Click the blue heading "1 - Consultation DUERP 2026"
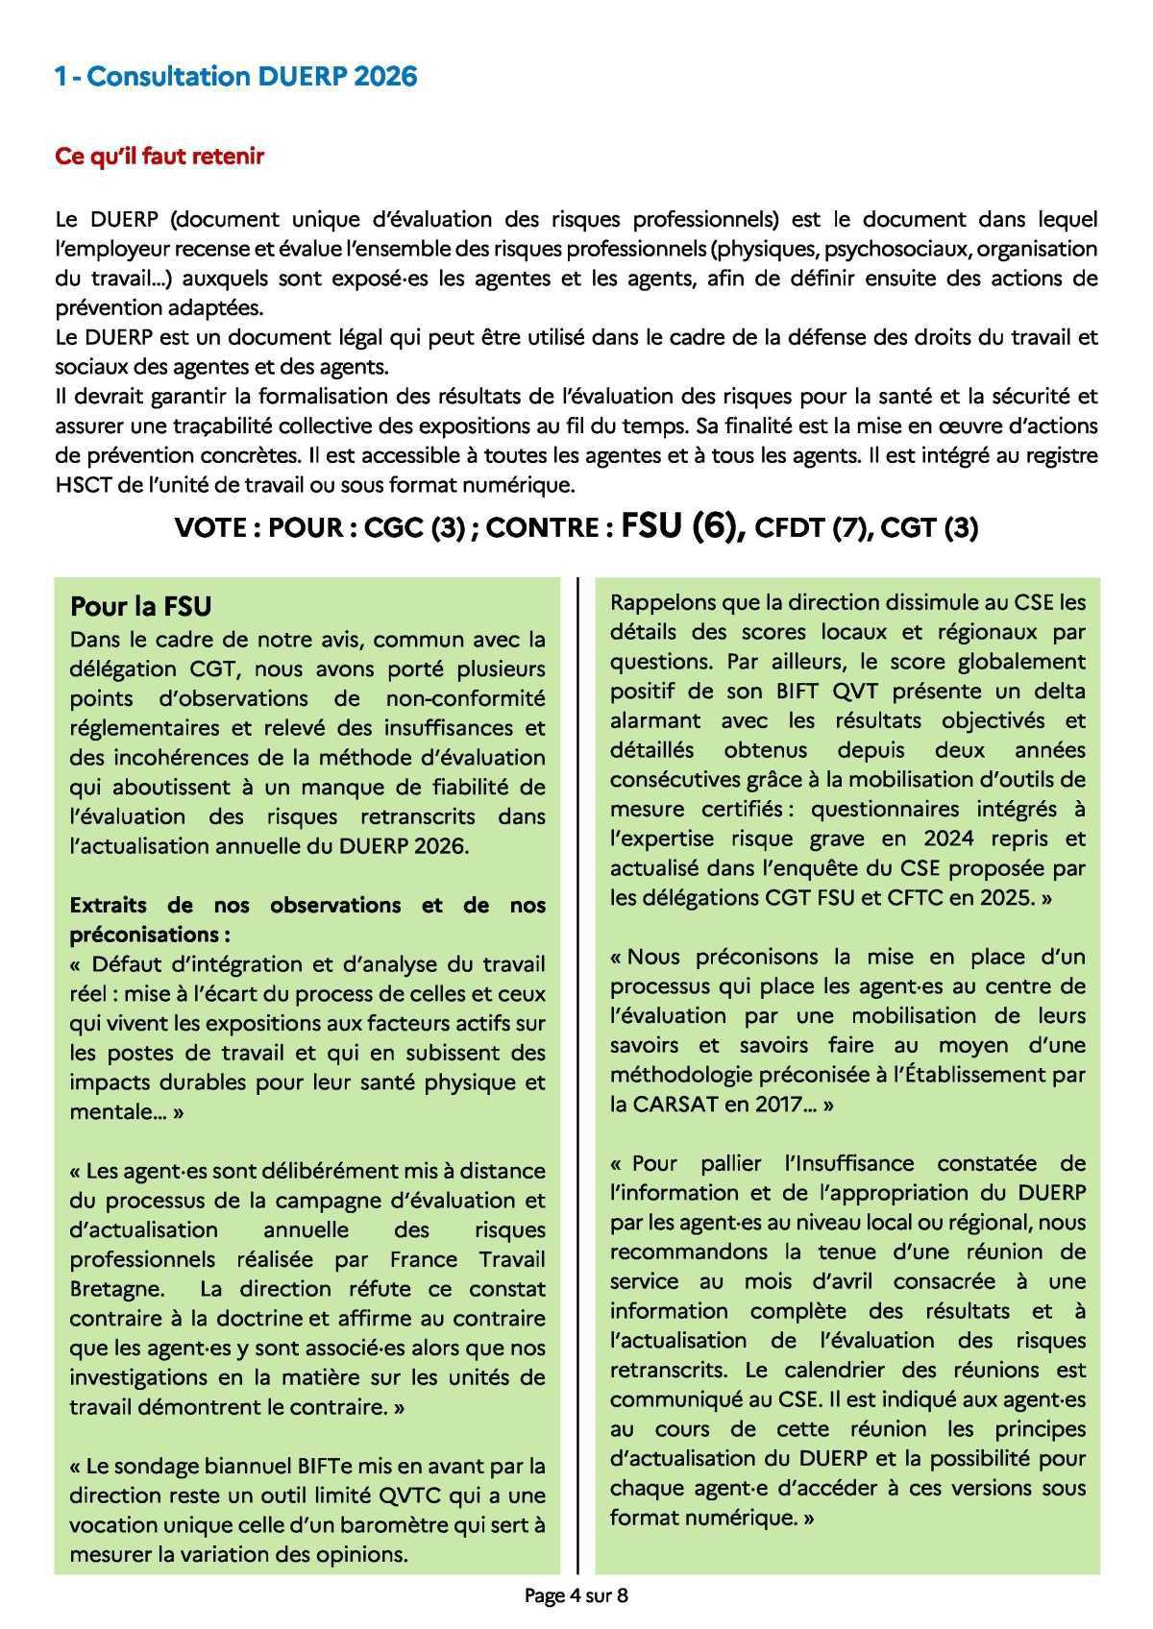click(x=236, y=77)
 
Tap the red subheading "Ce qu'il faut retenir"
click(x=159, y=157)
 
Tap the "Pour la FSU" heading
click(x=141, y=607)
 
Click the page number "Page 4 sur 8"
click(x=576, y=1596)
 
